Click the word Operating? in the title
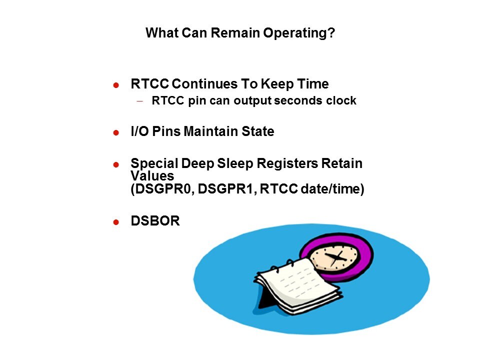[299, 33]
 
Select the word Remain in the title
[235, 33]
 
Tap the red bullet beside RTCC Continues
[116, 85]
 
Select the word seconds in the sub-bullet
[297, 100]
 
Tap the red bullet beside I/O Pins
[116, 132]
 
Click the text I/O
[139, 131]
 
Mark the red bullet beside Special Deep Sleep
[116, 164]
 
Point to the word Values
[152, 175]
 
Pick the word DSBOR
[155, 220]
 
